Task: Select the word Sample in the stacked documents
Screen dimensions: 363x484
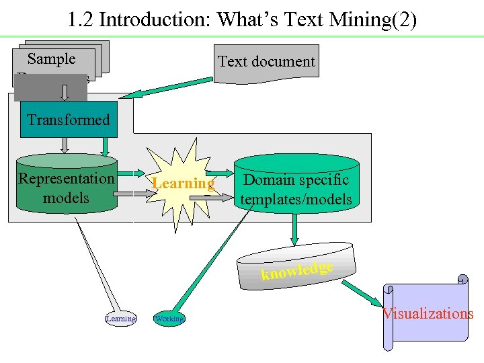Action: pos(52,59)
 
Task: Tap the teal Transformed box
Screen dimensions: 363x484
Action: pos(67,120)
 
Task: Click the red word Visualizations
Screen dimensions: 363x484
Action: pos(428,313)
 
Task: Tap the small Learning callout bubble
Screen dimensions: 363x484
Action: pos(121,318)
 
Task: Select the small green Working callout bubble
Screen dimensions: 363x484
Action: pos(169,318)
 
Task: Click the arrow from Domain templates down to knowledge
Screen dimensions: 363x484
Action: pos(294,232)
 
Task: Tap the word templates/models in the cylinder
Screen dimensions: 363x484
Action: pos(296,199)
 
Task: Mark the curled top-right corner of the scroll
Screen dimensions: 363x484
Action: pos(462,280)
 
